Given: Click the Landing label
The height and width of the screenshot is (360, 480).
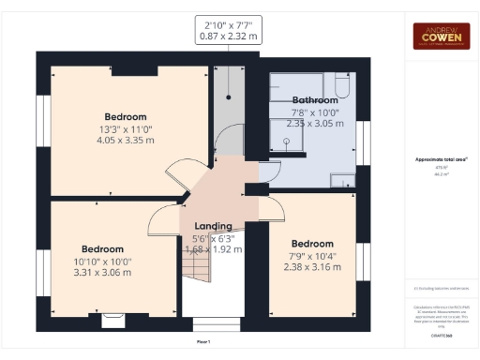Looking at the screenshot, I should point(213,227).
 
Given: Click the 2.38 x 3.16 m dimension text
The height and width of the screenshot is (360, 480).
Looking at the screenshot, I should point(312,265).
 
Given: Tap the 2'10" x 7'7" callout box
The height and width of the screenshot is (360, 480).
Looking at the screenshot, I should point(229,30).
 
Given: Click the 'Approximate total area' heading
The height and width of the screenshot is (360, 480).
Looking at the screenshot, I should point(442,159).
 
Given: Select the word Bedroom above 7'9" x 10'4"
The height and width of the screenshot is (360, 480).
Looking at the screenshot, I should point(312,244).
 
